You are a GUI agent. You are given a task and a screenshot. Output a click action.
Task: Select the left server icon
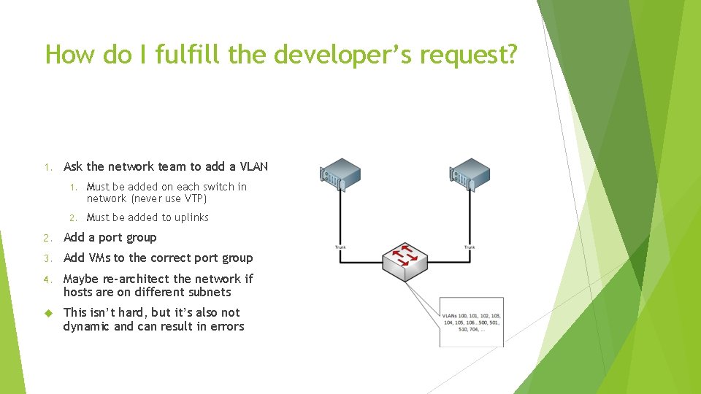coord(341,176)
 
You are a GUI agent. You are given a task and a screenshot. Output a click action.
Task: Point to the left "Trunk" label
coord(340,247)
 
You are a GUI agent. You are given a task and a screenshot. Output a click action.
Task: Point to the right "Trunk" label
coord(469,247)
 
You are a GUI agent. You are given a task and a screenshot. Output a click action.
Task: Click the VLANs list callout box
coord(472,322)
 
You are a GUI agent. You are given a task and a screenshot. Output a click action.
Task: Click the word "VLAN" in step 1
coord(254,166)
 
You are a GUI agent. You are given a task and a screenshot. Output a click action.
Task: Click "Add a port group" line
coord(110,237)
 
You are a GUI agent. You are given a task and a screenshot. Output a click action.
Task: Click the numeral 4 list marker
coord(47,279)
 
